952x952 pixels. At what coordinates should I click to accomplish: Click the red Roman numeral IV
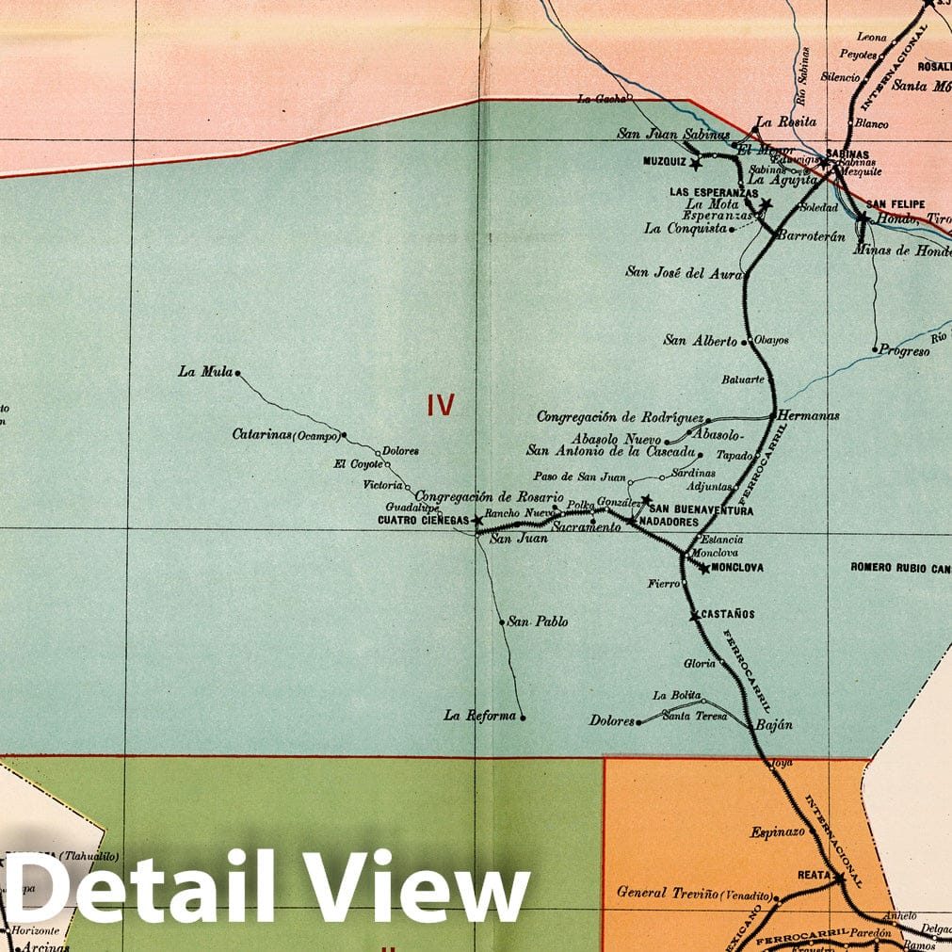pyautogui.click(x=441, y=406)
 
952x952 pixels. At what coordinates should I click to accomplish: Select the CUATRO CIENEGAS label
pyautogui.click(x=423, y=520)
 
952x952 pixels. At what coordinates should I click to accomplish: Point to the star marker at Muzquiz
pyautogui.click(x=696, y=164)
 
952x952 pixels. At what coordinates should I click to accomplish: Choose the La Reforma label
pyautogui.click(x=480, y=716)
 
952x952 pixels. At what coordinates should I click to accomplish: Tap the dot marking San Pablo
pyautogui.click(x=502, y=622)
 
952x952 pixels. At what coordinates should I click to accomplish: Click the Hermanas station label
pyautogui.click(x=809, y=414)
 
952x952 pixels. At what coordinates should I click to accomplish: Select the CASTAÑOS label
pyautogui.click(x=728, y=614)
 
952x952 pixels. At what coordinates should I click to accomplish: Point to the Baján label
pyautogui.click(x=774, y=725)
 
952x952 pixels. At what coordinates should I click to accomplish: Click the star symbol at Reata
pyautogui.click(x=837, y=878)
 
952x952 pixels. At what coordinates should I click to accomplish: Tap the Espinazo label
pyautogui.click(x=777, y=832)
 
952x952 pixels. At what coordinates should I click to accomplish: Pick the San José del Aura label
pyautogui.click(x=684, y=272)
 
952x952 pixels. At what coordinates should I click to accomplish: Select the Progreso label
pyautogui.click(x=905, y=350)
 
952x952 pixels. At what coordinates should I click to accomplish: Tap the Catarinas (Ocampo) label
pyautogui.click(x=285, y=435)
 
